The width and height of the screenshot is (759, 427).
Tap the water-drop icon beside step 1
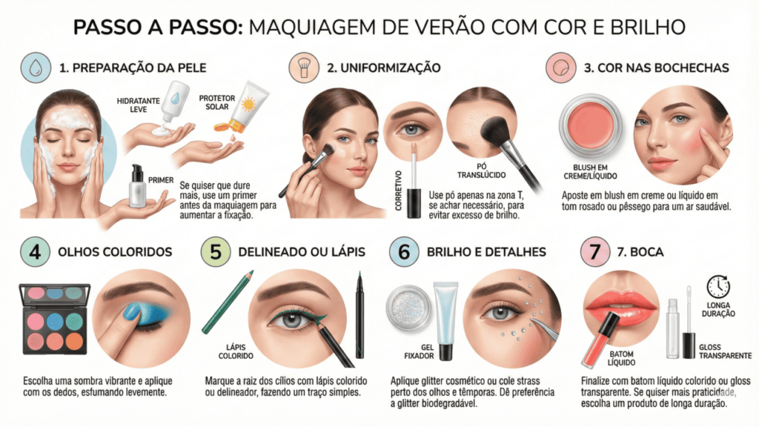[36, 67]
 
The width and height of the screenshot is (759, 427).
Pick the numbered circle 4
[36, 252]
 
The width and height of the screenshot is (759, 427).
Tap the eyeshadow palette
[55, 319]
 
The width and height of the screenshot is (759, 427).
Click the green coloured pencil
[228, 302]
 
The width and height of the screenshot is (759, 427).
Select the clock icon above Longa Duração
[717, 287]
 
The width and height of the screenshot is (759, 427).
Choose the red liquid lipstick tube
[600, 340]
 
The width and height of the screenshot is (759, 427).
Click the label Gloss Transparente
[725, 351]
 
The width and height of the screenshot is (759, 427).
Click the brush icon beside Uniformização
[304, 67]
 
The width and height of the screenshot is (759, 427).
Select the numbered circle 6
[404, 252]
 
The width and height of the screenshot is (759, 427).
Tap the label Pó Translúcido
[482, 171]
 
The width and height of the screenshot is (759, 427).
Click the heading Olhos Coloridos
[115, 252]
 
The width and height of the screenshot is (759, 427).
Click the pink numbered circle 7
[595, 252]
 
